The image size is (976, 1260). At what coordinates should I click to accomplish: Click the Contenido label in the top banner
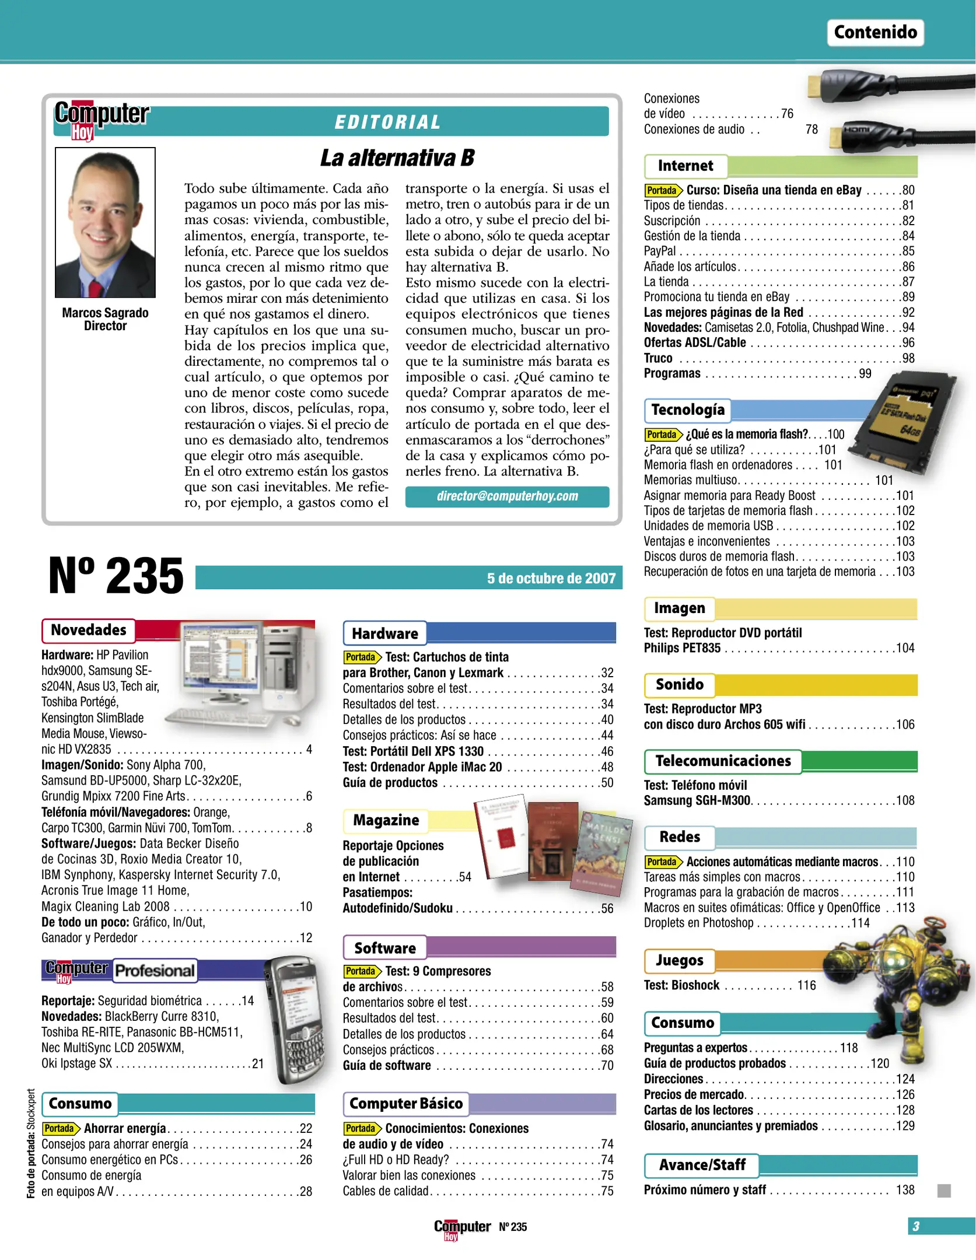(875, 32)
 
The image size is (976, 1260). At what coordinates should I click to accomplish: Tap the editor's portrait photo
(105, 222)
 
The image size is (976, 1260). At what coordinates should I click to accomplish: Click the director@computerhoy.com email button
(507, 496)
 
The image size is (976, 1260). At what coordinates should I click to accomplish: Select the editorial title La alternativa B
(397, 157)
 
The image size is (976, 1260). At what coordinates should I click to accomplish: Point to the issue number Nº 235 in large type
(116, 576)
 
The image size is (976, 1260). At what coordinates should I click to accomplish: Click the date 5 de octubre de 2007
(551, 578)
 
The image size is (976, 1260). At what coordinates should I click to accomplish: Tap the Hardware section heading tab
(385, 633)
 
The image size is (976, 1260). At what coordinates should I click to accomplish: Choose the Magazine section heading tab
(386, 820)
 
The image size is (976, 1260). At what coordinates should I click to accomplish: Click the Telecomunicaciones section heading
(723, 761)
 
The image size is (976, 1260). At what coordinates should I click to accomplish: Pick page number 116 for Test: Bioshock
(806, 985)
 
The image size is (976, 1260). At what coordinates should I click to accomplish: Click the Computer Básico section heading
(405, 1104)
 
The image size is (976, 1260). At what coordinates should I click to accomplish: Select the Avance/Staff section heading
(702, 1165)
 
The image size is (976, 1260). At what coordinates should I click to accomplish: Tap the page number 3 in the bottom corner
(916, 1226)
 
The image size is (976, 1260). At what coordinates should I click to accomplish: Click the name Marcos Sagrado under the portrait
(105, 313)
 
